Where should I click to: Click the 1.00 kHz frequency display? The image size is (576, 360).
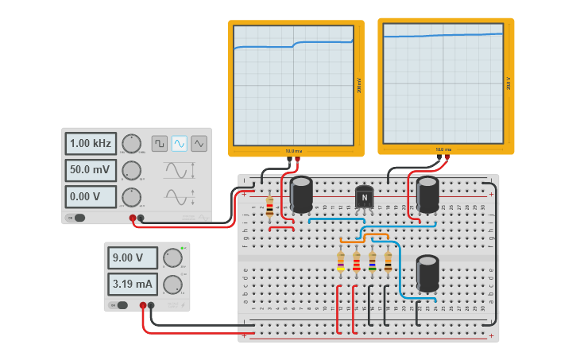coord(91,144)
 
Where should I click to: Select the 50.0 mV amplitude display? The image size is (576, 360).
coord(91,170)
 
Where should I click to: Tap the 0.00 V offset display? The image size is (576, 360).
coord(91,196)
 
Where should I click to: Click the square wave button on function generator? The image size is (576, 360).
coord(160,144)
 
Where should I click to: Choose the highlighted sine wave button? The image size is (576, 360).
coord(180,144)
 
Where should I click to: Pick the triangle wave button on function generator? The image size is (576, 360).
coord(199,144)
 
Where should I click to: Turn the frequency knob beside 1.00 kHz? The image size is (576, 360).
coord(132,144)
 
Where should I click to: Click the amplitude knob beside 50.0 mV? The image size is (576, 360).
coord(132,170)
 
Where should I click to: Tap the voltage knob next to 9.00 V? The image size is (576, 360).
coord(172,257)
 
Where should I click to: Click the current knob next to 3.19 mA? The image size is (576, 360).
coord(172,285)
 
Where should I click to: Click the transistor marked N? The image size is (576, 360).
coord(364,197)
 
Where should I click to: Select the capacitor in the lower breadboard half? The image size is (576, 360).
coord(427,273)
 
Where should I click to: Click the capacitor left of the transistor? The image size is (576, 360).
coord(301,195)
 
